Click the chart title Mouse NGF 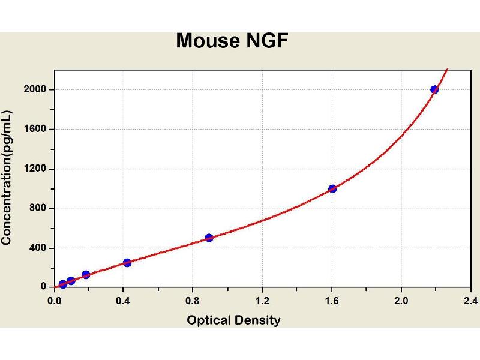click(232, 41)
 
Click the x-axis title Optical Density click(233, 320)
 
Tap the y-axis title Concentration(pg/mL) click(7, 178)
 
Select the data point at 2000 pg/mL click(434, 89)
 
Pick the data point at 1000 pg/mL click(332, 188)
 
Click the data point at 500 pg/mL click(209, 238)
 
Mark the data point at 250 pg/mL click(127, 262)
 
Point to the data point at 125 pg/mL click(86, 275)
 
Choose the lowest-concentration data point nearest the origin click(62, 284)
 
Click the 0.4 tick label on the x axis click(124, 300)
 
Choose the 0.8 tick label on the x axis click(193, 300)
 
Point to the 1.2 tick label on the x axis click(262, 300)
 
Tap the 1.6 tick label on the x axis click(332, 300)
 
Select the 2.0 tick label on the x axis click(401, 300)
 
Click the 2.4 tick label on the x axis click(470, 300)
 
